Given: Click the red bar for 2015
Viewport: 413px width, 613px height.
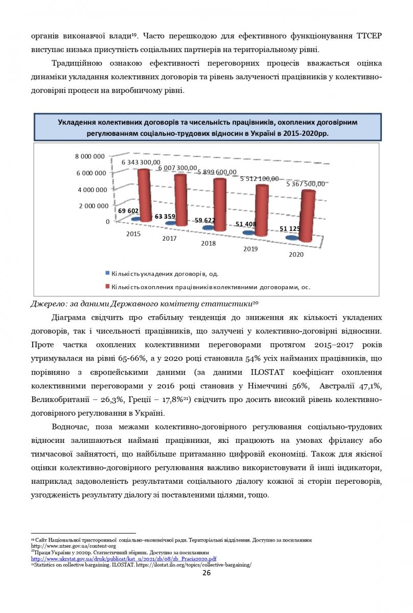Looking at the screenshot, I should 144,195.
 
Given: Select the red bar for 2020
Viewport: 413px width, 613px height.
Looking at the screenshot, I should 305,217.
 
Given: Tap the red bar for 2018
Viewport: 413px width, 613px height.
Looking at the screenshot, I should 220,205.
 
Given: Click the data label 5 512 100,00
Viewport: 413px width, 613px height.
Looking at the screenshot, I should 260,179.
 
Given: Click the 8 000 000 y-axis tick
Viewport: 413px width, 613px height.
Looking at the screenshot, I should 91,156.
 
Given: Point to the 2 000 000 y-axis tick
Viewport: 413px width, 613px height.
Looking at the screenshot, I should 91,206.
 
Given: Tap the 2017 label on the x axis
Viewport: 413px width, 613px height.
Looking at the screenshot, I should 170,239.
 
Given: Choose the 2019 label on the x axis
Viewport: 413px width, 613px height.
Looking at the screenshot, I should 250,249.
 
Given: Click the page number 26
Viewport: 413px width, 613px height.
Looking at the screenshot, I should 206,573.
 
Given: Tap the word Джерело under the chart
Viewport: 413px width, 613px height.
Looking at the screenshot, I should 48,304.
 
